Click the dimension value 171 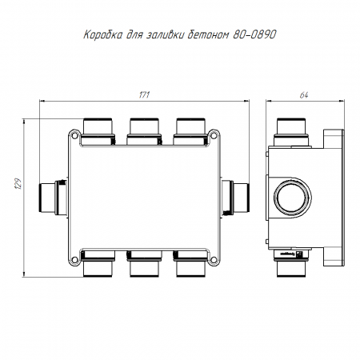tap(144, 95)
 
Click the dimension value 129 tap(18, 184)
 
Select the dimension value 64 tap(304, 95)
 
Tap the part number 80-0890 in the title tap(254, 34)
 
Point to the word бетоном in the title tap(208, 35)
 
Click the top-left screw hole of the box tap(75, 136)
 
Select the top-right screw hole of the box tap(214, 136)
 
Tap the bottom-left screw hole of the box tap(75, 259)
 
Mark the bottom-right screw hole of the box tap(214, 259)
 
